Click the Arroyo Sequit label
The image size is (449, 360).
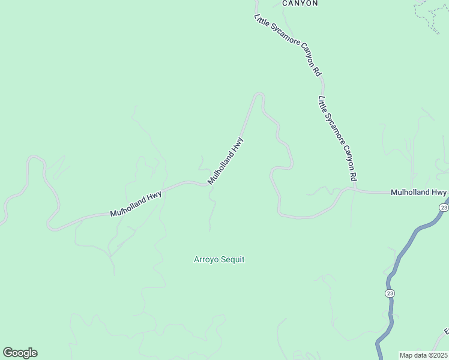(x=219, y=260)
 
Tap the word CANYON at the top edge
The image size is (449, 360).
(x=300, y=3)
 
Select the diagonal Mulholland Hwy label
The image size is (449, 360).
(x=226, y=161)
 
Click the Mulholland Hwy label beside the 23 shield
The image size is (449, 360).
(x=418, y=193)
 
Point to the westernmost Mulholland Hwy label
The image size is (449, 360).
(x=136, y=203)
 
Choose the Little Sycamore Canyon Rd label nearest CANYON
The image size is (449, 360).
(x=288, y=45)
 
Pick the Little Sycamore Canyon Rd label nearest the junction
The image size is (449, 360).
(x=338, y=139)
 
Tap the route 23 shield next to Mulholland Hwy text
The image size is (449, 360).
(x=444, y=207)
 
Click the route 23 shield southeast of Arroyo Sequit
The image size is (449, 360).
(x=390, y=293)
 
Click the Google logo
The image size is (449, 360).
(x=20, y=353)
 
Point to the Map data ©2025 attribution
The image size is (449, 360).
(x=424, y=355)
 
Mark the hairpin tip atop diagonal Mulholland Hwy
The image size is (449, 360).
(x=259, y=94)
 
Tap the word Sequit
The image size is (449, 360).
(x=233, y=260)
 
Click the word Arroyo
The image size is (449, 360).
(x=205, y=260)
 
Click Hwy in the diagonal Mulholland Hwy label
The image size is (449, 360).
(x=238, y=145)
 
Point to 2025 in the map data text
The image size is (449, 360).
(x=439, y=355)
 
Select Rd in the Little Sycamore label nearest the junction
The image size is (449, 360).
(x=354, y=177)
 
